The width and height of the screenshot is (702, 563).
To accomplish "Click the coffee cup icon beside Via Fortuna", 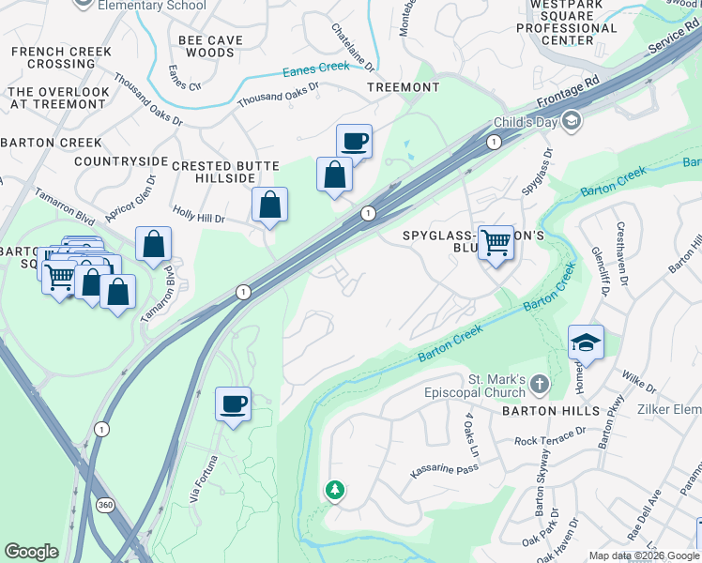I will click(233, 405).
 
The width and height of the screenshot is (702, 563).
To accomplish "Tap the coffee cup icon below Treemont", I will click(354, 143).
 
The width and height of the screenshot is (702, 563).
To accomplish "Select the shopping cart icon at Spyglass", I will click(496, 243).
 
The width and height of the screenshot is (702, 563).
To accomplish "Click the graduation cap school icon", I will click(585, 343).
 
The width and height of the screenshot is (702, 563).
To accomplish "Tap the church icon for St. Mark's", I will click(539, 384).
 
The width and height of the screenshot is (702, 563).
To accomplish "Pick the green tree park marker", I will click(334, 491).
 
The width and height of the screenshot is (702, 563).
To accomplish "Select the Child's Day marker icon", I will click(572, 122).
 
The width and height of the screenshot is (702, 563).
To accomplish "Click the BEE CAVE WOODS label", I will click(210, 46).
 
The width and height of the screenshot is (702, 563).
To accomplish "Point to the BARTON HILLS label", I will click(549, 411).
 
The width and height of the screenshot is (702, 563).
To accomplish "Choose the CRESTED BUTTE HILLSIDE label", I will click(225, 173).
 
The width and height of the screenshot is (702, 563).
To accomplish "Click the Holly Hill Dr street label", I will click(199, 218).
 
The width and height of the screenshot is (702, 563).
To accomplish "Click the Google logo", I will click(31, 552).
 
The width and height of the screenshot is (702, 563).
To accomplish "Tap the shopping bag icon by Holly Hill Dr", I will click(269, 205).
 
